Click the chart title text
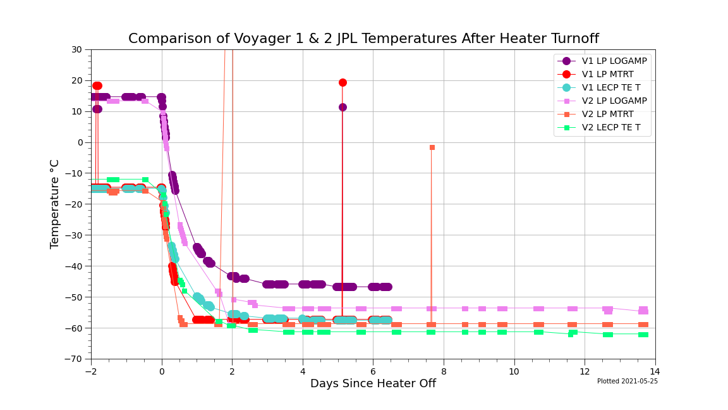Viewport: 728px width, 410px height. [363, 39]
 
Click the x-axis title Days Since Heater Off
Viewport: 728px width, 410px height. [373, 383]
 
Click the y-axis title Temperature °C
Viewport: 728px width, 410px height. [55, 204]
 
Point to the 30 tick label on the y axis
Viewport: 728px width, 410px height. [76, 49]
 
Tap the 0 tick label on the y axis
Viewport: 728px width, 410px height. [80, 142]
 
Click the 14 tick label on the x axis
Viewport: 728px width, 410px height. [655, 371]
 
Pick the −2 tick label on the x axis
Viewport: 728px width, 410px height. [91, 371]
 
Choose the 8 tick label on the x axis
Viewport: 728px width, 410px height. [444, 371]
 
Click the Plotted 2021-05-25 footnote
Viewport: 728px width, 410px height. [627, 382]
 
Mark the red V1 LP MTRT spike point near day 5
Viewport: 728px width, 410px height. [343, 82]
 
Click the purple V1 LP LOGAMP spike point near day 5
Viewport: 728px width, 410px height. [343, 107]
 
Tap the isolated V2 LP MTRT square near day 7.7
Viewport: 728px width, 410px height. [432, 147]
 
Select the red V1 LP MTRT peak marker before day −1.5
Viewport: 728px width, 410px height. [97, 86]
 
